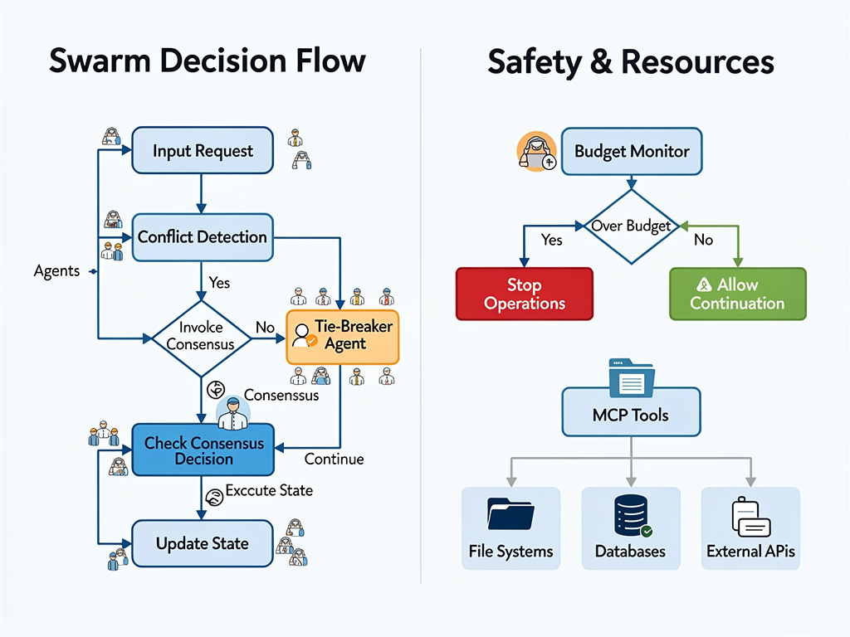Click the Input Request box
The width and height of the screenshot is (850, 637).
[x=203, y=151]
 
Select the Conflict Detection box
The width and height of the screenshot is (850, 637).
[x=203, y=237]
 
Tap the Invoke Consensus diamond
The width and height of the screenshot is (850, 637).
[x=201, y=337]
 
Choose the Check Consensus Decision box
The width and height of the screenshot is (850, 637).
[x=203, y=450]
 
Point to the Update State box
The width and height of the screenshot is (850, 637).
[x=203, y=544]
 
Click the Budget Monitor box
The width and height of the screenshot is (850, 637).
[x=631, y=152]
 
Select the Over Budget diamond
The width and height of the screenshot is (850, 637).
[x=631, y=226]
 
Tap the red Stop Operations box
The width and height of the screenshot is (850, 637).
[x=525, y=294]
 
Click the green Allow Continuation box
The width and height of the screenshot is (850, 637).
[x=737, y=294]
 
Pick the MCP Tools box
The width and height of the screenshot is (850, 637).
[x=631, y=415]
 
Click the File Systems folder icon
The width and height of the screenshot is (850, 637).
[x=511, y=514]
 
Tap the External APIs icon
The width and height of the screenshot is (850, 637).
[x=750, y=516]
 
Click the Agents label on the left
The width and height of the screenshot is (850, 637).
[x=56, y=271]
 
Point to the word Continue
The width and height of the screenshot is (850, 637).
[x=334, y=459]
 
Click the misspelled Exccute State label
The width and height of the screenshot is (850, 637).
[x=269, y=490]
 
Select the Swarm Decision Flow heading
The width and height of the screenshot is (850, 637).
[x=208, y=62]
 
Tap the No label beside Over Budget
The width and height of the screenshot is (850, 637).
[x=703, y=240]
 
